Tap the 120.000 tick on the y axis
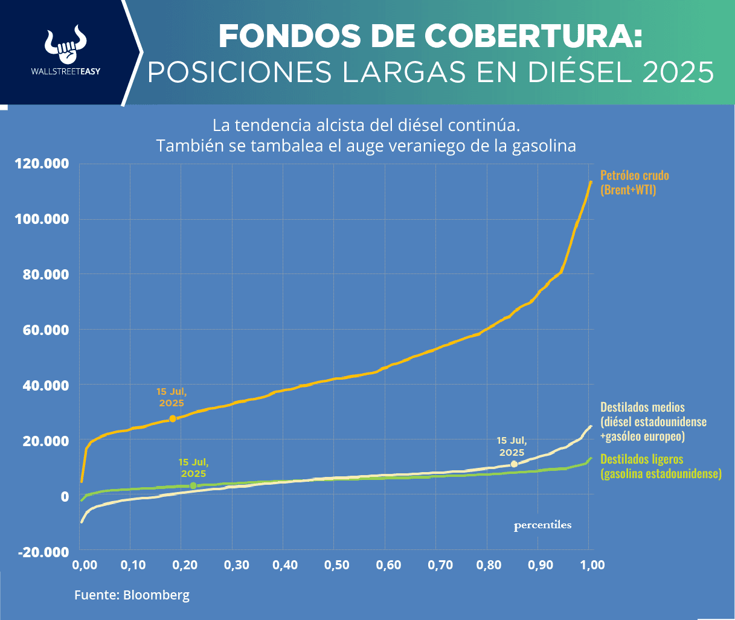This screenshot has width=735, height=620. click(42, 164)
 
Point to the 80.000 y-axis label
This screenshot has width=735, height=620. click(42, 275)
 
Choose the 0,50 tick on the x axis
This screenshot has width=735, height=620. click(337, 565)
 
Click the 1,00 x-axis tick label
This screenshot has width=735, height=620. click(592, 565)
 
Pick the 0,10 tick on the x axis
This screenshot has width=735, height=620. click(133, 565)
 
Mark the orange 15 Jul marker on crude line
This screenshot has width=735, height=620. click(173, 418)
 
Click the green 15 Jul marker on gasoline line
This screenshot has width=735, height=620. click(193, 486)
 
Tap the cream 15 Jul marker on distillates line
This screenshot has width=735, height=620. click(514, 464)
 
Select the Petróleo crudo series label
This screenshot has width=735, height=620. click(634, 182)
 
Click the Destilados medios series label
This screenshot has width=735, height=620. click(653, 421)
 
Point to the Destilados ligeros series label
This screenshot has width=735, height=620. click(661, 466)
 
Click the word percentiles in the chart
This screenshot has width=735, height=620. click(542, 525)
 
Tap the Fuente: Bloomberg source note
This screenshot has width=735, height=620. click(132, 595)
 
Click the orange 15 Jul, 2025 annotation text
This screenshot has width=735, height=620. click(172, 397)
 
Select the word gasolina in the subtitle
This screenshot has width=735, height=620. click(542, 145)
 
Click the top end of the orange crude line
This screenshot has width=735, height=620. click(590, 182)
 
